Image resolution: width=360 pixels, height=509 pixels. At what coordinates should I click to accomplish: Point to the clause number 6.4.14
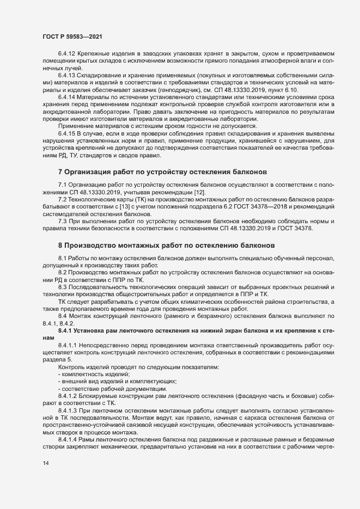pos(67,96)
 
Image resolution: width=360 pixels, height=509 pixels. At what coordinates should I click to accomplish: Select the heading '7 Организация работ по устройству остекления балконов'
pos(163,172)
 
